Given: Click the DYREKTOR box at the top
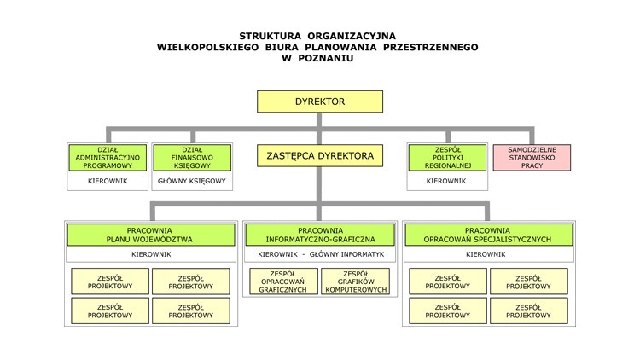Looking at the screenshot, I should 320,102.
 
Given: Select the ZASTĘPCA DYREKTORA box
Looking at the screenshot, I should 320,156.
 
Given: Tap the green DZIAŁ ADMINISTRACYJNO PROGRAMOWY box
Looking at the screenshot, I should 108,157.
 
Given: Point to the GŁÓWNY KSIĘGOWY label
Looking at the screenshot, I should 191,181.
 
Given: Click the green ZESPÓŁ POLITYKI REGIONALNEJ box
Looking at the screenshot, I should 446,157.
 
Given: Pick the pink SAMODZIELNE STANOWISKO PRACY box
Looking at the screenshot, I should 532,157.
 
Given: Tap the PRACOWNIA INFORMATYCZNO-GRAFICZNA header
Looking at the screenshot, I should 320,235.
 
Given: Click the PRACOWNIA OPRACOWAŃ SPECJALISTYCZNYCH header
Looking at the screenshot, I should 489,235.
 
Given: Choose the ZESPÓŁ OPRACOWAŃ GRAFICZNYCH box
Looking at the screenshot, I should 282,282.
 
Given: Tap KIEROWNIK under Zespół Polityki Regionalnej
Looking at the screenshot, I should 446,181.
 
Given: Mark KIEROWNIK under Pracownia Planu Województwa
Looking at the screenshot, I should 150,254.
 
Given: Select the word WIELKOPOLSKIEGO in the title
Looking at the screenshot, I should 209,47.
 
